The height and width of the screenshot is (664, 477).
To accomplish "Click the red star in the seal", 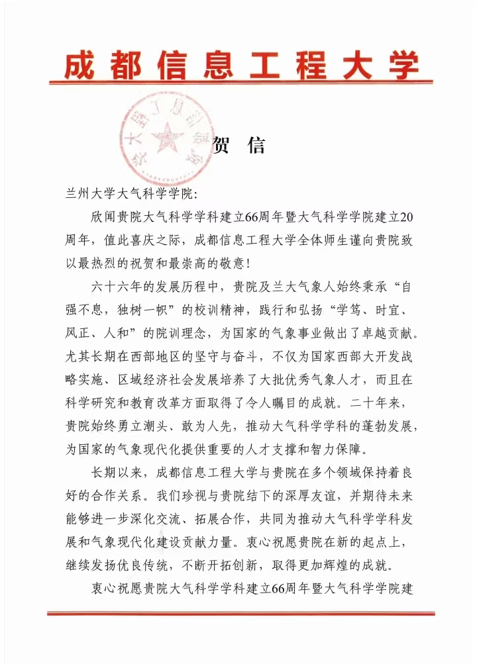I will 168,137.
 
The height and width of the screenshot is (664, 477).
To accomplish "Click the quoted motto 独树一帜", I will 135,309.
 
